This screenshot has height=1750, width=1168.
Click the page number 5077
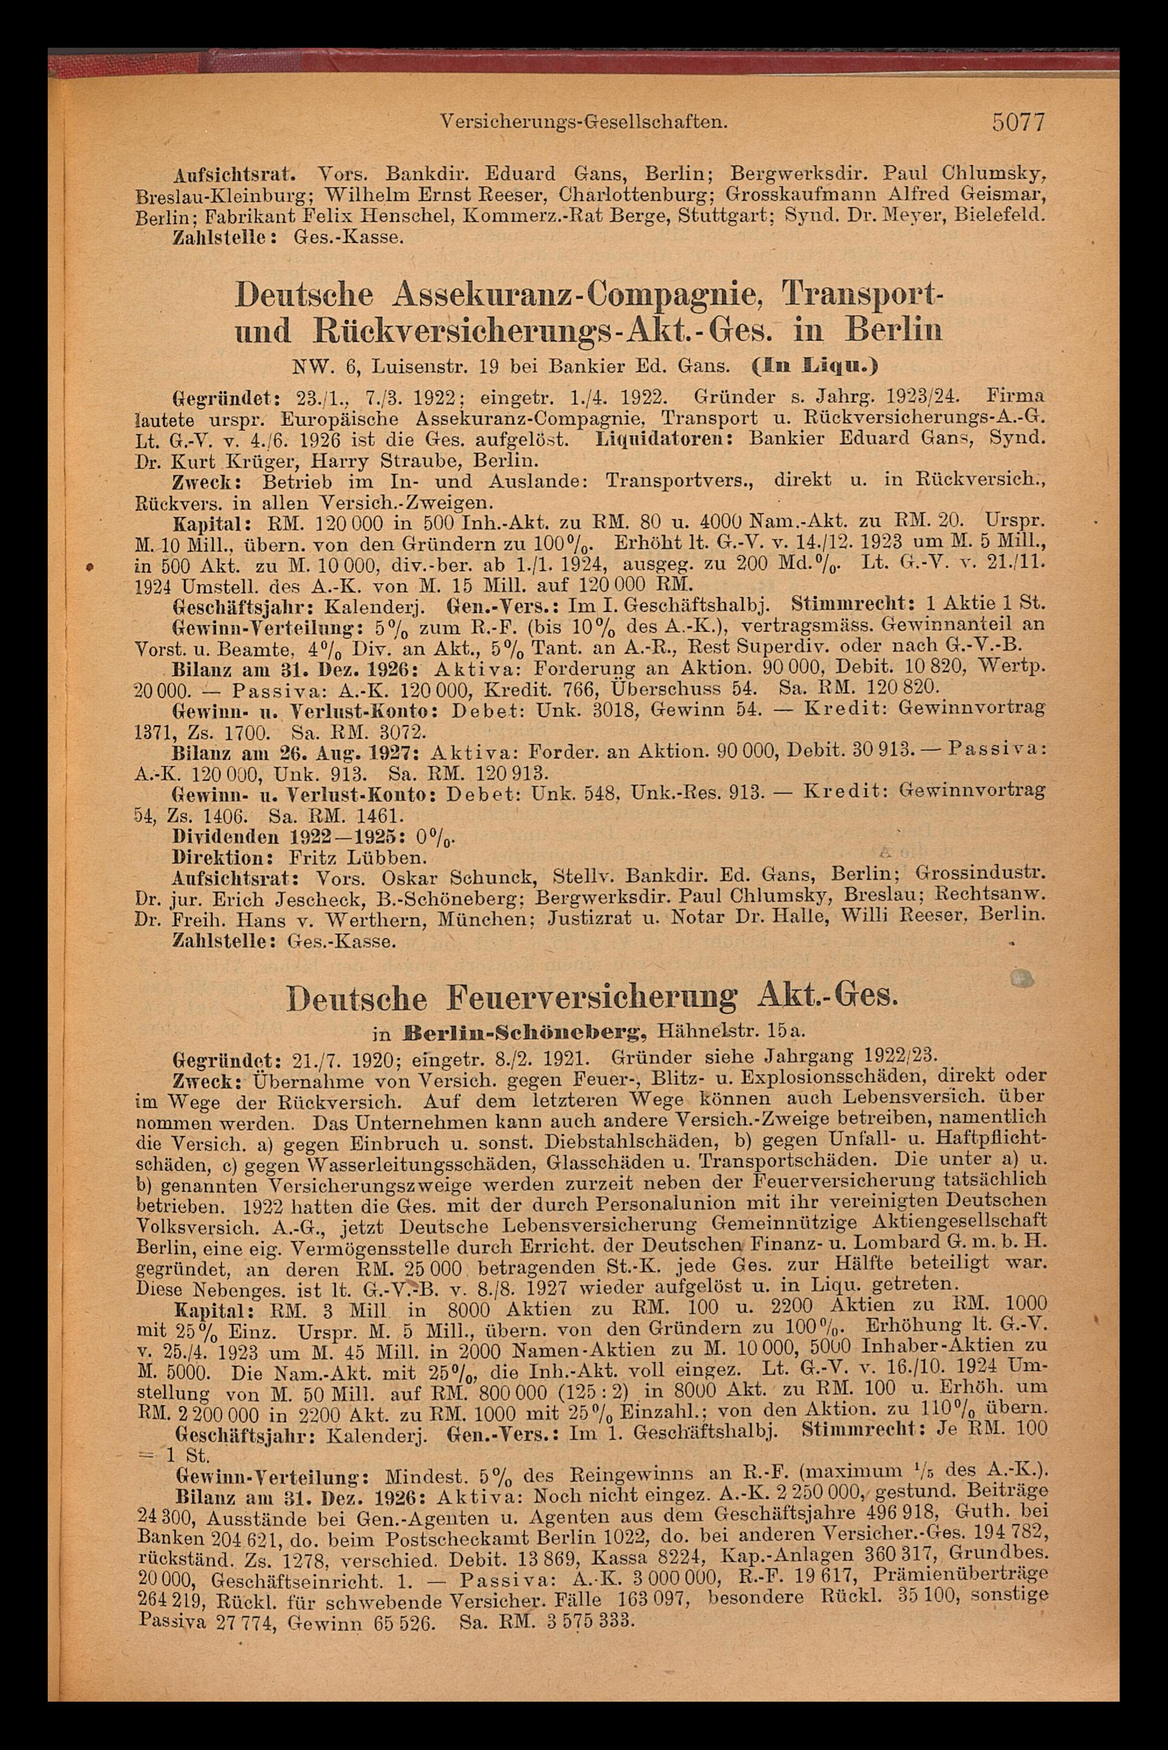tap(1019, 121)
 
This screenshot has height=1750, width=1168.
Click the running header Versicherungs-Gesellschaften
tap(584, 121)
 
